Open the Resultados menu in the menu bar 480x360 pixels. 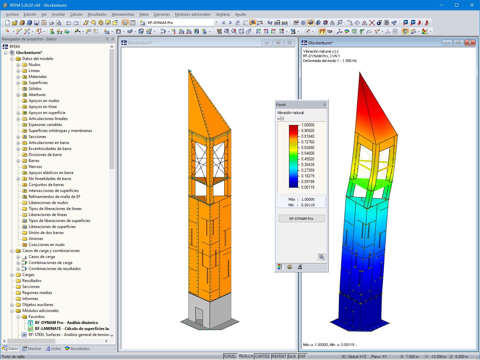(97, 14)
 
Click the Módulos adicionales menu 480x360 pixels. (193, 14)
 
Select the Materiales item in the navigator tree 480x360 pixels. (37, 77)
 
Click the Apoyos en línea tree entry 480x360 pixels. (42, 107)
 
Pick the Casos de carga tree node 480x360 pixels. (42, 257)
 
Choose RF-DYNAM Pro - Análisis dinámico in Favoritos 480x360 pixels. (66, 323)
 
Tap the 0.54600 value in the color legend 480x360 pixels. (308, 153)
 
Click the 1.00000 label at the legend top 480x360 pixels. (308, 125)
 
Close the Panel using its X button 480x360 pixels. (325, 105)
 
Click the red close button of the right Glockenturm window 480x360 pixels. (470, 43)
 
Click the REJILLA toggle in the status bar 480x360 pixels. (246, 356)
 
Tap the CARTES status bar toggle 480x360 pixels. (262, 356)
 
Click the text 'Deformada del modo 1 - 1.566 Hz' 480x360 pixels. (330, 61)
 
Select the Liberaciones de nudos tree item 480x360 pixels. (48, 203)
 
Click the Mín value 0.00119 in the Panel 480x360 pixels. (308, 205)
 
